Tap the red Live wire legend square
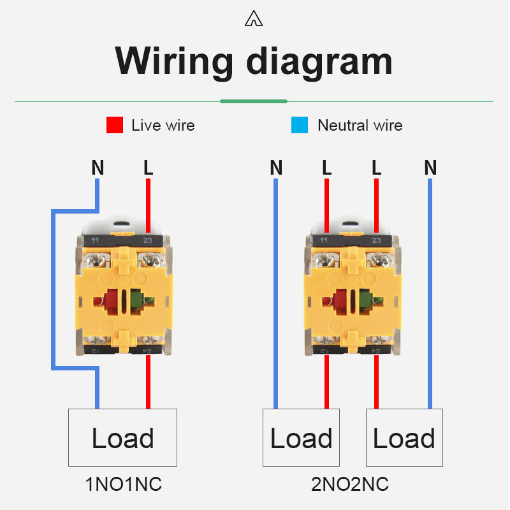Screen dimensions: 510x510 115,125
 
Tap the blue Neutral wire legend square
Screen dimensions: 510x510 300,125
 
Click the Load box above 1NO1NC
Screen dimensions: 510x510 122,438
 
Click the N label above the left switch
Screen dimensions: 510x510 98,168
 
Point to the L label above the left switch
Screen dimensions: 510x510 148,168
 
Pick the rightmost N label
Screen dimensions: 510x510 430,168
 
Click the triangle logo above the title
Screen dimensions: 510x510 254,20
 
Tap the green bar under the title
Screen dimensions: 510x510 254,101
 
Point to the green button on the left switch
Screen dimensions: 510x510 137,300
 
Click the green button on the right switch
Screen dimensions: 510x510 366,300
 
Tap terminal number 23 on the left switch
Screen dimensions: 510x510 147,240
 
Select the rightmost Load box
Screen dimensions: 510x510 404,438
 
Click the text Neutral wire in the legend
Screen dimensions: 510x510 360,125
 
